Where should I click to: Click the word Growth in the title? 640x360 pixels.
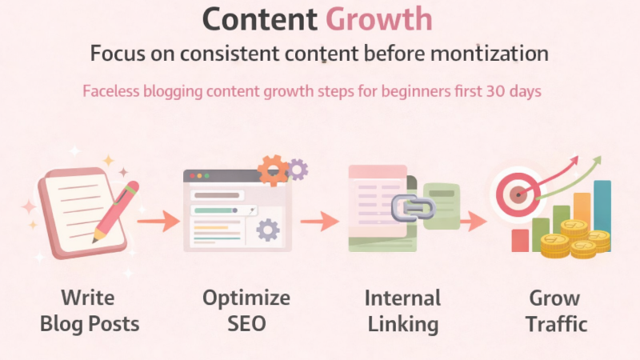click(379, 20)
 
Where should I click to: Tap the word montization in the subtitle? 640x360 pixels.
click(498, 54)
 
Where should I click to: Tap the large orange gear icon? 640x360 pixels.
click(273, 169)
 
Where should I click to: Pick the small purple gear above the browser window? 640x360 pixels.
click(298, 168)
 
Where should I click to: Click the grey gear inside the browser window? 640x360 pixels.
click(268, 230)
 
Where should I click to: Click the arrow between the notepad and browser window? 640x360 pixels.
click(158, 219)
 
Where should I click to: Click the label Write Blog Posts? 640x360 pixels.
click(89, 311)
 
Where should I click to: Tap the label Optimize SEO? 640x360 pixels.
click(246, 311)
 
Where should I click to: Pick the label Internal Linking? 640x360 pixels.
click(402, 311)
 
